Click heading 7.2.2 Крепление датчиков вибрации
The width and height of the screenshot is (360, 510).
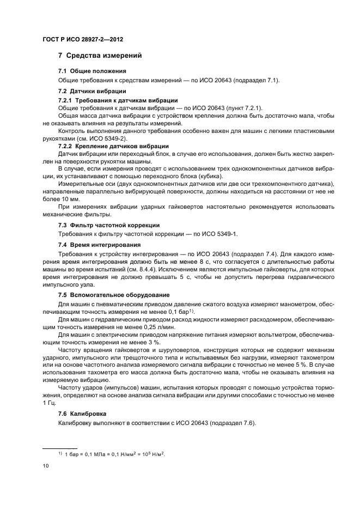[x=113, y=146]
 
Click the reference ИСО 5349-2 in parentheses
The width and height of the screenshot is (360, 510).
[x=109, y=139]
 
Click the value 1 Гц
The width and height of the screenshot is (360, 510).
[x=48, y=402]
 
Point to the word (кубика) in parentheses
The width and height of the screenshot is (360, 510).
[x=208, y=177]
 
